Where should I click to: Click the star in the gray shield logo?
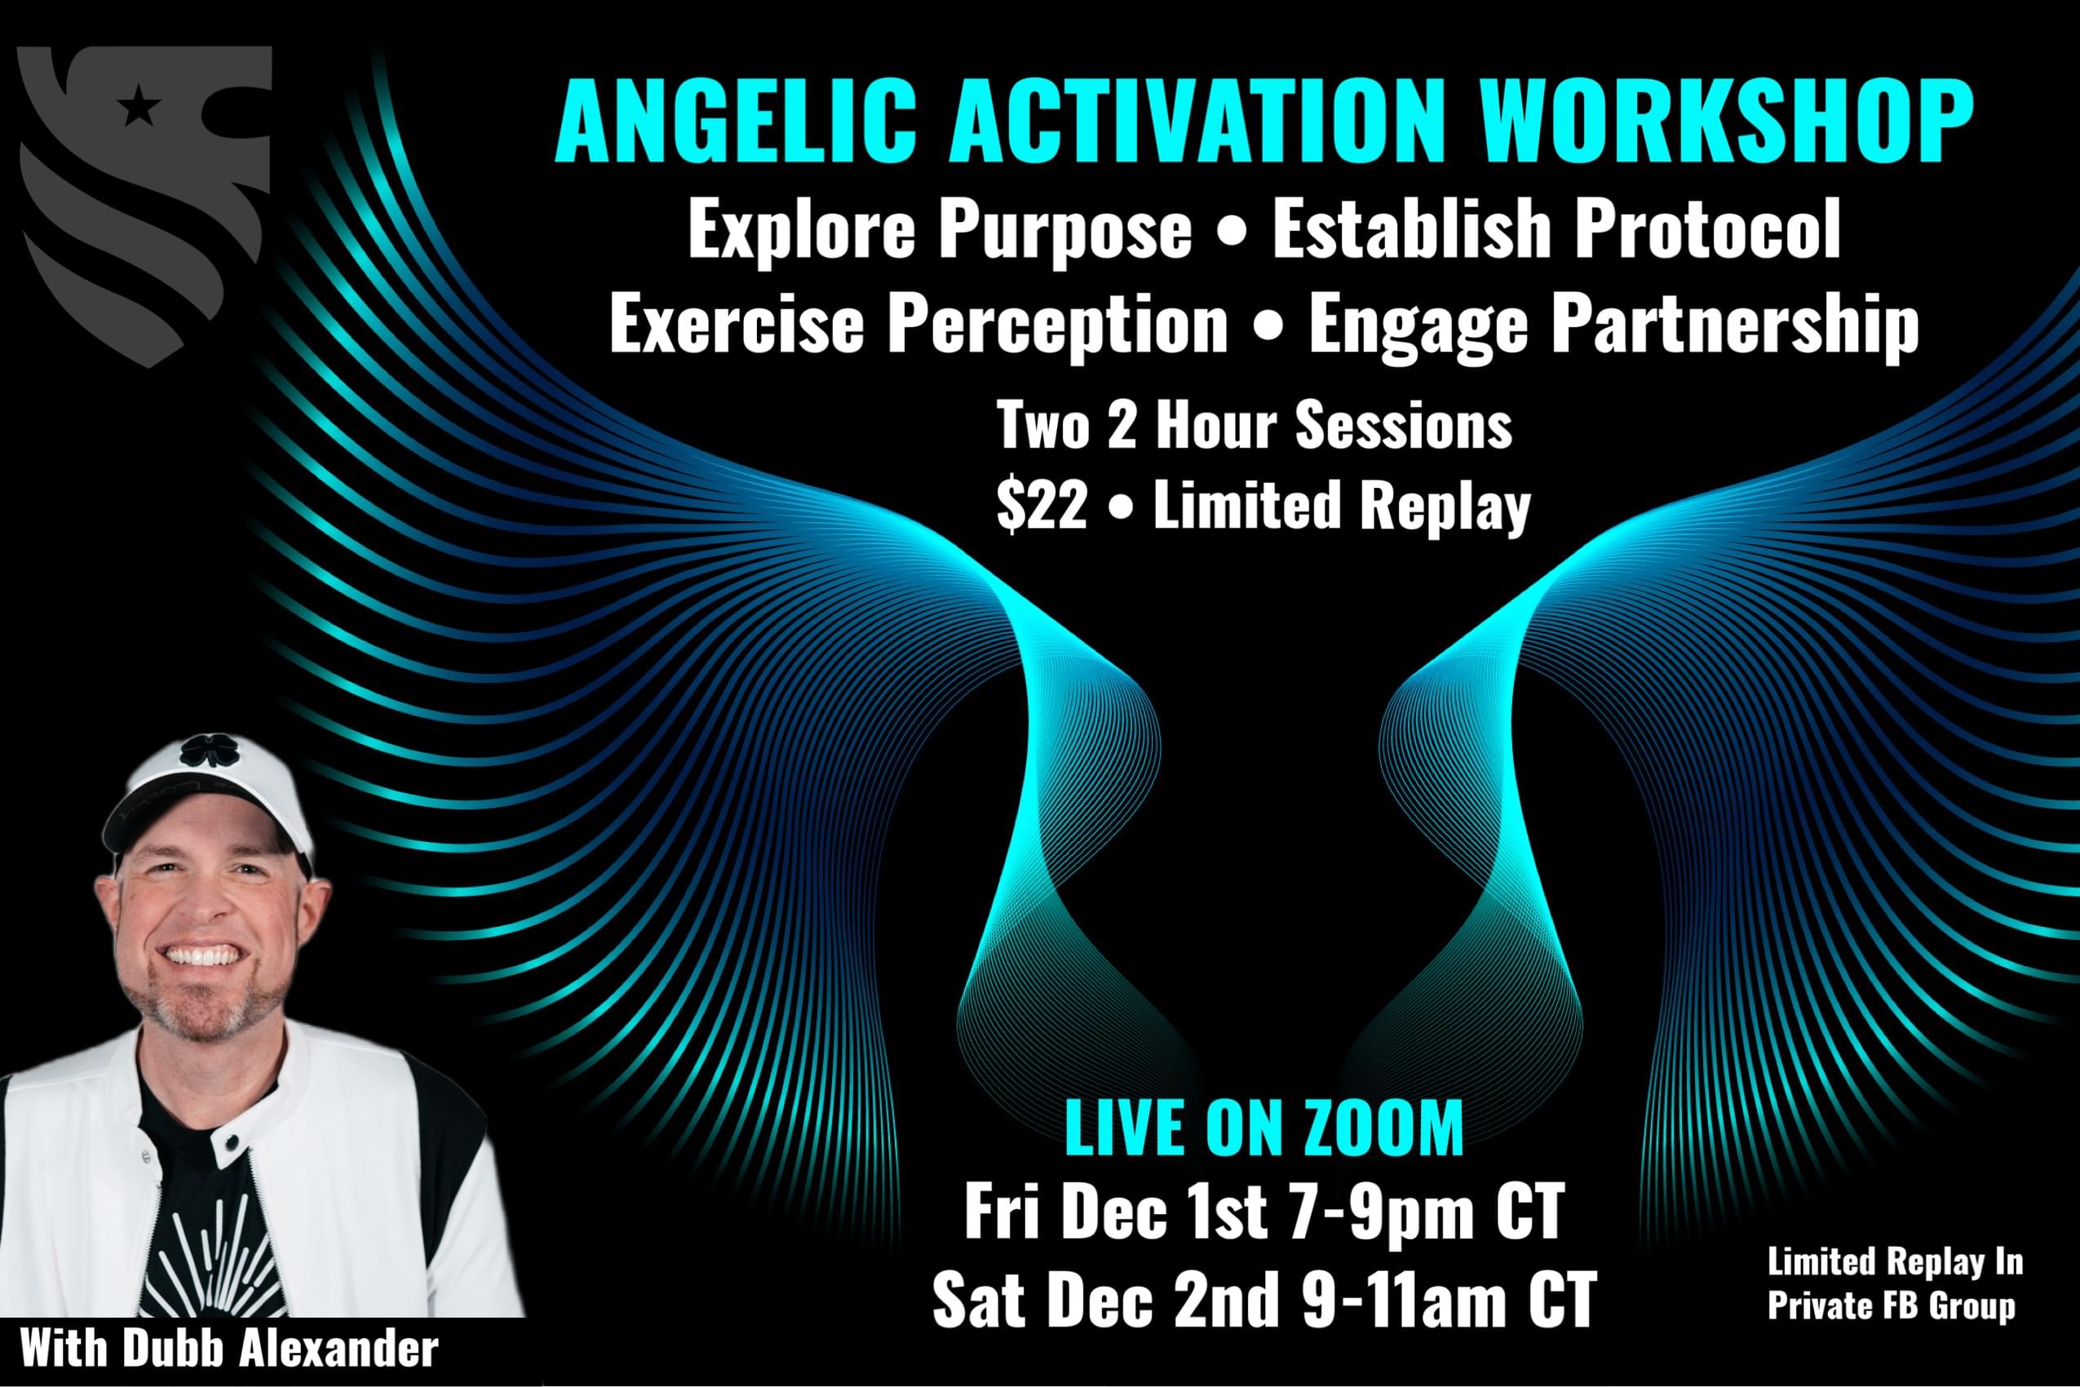click(139, 108)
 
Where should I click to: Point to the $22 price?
click(1041, 506)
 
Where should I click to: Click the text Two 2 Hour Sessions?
click(1255, 424)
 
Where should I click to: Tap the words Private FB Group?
click(1891, 1306)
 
